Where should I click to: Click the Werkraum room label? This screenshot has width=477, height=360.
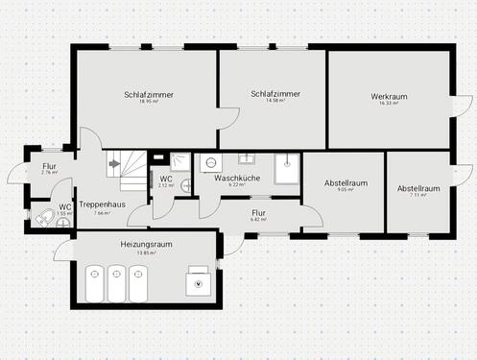coord(391,97)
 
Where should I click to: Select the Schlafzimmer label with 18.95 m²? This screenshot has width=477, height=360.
coord(146,94)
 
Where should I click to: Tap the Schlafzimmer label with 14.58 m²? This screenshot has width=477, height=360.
coord(274,94)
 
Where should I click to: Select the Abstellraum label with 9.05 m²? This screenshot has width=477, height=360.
coord(346,182)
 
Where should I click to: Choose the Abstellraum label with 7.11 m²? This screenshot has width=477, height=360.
coord(418,189)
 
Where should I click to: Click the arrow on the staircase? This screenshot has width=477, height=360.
coord(114,163)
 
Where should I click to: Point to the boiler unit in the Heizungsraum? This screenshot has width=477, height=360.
coord(199,280)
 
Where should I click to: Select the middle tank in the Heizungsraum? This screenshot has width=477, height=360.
coord(116,283)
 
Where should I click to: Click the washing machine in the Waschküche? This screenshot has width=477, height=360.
coord(208,161)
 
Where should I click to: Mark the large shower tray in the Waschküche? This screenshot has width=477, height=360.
coord(286,169)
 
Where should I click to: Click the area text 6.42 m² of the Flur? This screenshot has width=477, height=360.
coord(257,220)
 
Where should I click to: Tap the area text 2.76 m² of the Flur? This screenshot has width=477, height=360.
coord(50,173)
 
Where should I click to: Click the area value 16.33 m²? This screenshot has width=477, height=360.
coord(391,104)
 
